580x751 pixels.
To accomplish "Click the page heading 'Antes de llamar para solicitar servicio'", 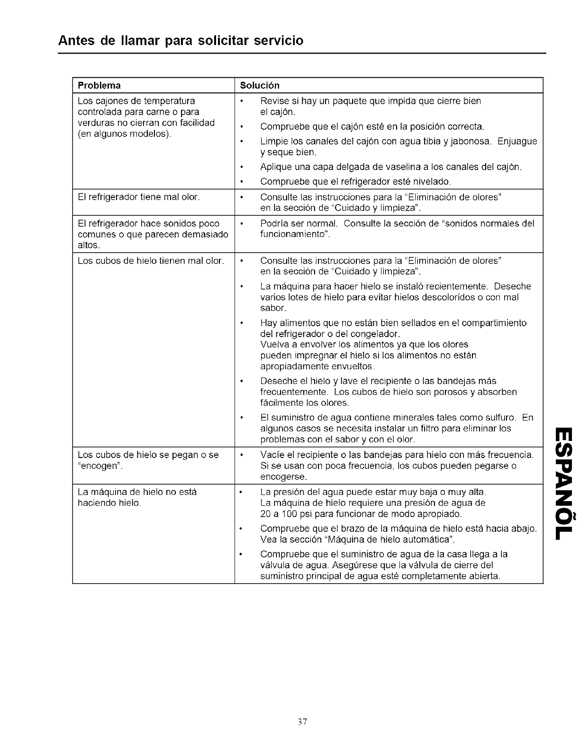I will [x=180, y=40].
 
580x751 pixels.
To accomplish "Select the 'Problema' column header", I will [x=99, y=85].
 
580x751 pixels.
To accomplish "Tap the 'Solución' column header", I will [x=260, y=85].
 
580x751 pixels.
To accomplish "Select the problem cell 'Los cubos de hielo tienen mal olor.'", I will [x=150, y=261].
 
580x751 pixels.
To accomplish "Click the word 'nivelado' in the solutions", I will [x=433, y=182].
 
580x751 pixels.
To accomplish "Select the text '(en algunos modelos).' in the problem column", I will [x=124, y=134].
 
